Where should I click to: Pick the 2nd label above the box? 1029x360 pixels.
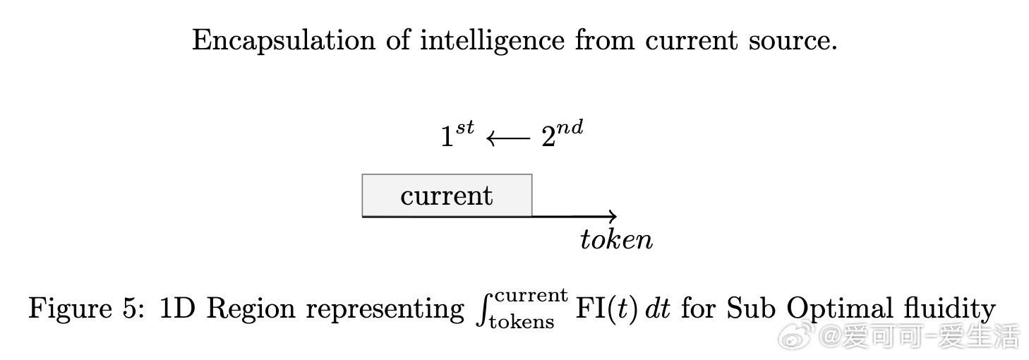(562, 135)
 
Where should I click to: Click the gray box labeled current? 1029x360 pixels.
(447, 195)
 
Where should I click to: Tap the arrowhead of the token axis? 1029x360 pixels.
(613, 216)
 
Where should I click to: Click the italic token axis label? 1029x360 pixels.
(616, 240)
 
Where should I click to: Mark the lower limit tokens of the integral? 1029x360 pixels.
(522, 323)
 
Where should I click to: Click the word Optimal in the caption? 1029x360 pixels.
(838, 309)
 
